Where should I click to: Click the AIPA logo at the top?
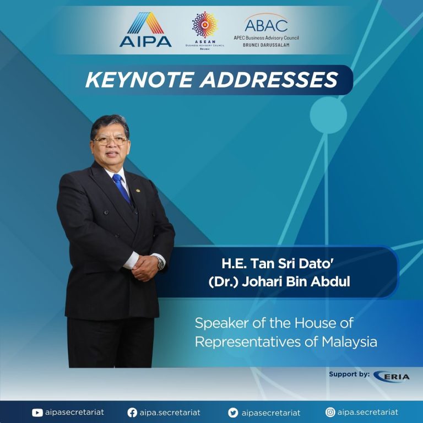[x=145, y=30]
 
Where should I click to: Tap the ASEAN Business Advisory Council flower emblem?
[x=205, y=24]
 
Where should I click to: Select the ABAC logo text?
[x=266, y=25]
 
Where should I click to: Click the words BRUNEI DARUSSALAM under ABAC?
[x=266, y=45]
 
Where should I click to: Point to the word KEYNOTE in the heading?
[x=139, y=80]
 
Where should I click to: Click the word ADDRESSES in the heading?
[x=269, y=80]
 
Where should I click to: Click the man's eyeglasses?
[x=110, y=141]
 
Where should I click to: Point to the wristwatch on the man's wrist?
[x=160, y=263]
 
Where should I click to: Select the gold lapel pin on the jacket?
[x=138, y=191]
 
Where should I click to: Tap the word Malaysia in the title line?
[x=349, y=342]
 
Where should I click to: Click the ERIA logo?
[x=392, y=376]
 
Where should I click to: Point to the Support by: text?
[x=349, y=374]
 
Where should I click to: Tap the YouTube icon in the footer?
[x=37, y=413]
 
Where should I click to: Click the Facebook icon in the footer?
[x=132, y=413]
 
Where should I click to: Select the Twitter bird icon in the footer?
[x=233, y=413]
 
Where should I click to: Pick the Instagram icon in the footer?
[x=330, y=412]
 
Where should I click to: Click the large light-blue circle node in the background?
[x=328, y=115]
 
